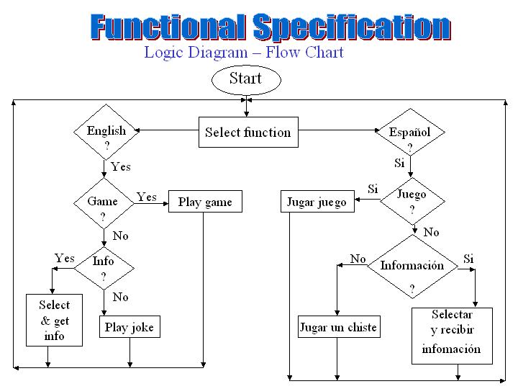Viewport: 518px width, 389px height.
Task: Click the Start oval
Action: [x=246, y=79]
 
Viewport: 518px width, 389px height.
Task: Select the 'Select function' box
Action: [x=248, y=132]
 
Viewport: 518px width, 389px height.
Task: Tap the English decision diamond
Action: [x=106, y=132]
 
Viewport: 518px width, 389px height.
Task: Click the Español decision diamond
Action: [x=411, y=132]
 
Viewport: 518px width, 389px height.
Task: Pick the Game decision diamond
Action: [x=104, y=203]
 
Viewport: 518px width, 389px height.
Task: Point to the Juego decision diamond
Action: [x=412, y=201]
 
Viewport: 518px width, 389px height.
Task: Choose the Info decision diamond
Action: [x=104, y=268]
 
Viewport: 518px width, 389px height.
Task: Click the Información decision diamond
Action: [x=413, y=267]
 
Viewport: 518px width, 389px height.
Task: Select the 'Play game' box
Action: [x=205, y=201]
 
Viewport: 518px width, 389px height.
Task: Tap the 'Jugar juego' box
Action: [x=317, y=201]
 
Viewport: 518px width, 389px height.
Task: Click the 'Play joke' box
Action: [x=129, y=326]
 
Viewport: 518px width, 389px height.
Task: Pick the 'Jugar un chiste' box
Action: [x=339, y=326]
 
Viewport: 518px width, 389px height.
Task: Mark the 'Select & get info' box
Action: [x=54, y=320]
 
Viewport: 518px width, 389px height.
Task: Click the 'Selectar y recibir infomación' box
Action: [x=452, y=336]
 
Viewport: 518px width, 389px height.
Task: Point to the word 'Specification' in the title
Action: [x=352, y=27]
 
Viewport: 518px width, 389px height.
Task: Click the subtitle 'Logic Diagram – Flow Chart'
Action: [x=244, y=53]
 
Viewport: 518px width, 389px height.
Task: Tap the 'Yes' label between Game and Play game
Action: [x=146, y=197]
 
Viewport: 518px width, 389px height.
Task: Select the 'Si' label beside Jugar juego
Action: [x=373, y=189]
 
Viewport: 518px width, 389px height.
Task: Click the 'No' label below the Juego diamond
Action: [x=431, y=232]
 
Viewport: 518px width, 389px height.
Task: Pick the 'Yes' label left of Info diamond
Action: [x=65, y=258]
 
